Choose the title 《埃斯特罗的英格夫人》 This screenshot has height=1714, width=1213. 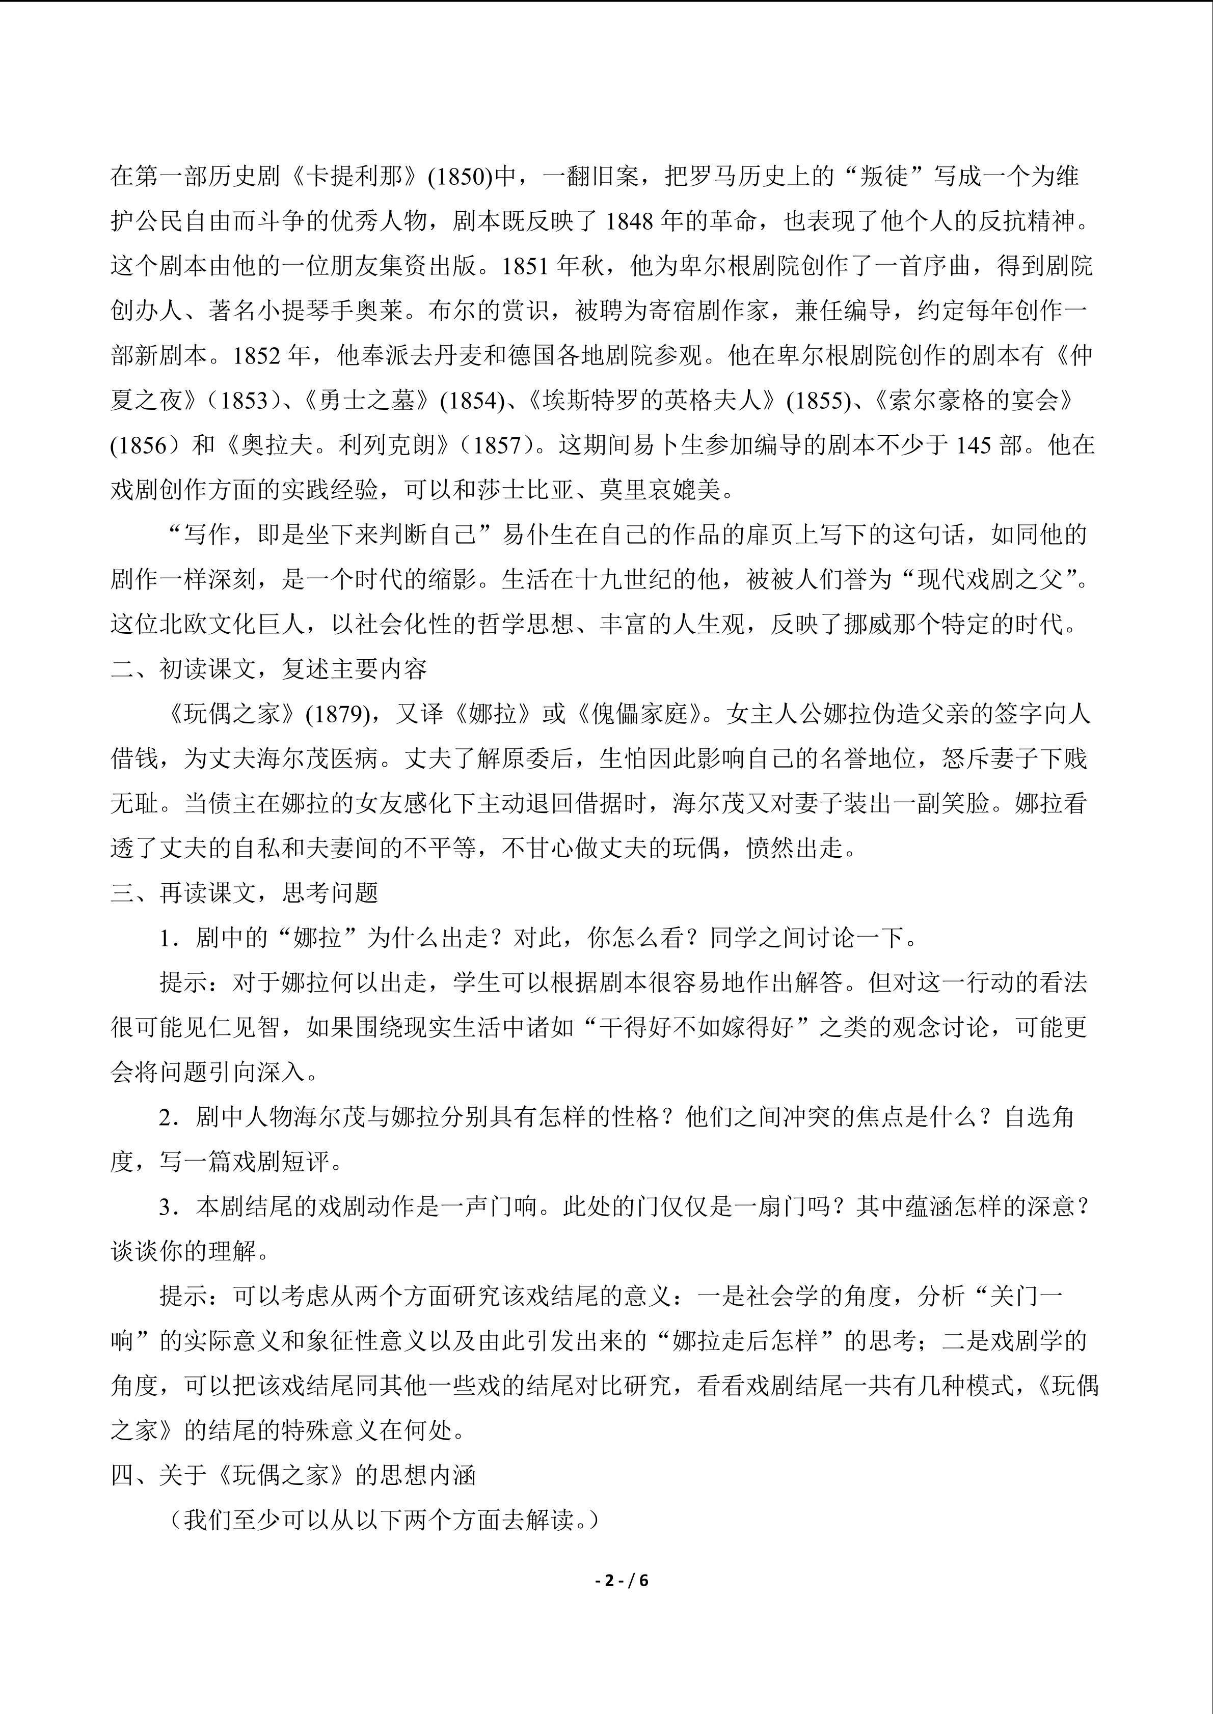point(652,401)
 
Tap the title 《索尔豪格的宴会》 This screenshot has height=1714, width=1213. point(972,401)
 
